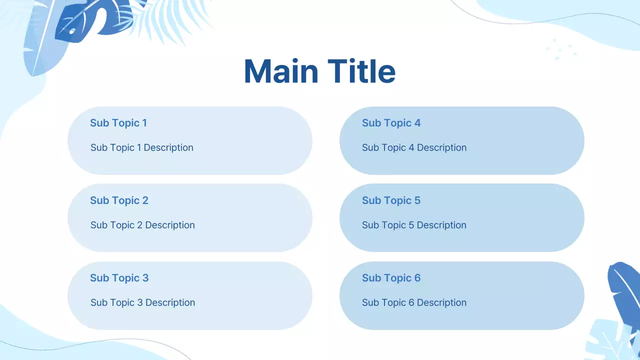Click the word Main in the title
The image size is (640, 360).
(281, 71)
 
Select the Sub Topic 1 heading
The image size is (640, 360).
(118, 123)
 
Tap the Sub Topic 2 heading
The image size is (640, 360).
(119, 200)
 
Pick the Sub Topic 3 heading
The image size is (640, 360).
(119, 278)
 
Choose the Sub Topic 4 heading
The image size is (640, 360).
(391, 123)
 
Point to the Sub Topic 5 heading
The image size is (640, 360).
(391, 200)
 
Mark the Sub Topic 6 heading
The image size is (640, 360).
(391, 278)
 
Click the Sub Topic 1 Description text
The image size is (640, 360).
(141, 147)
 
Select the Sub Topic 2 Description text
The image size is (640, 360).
(142, 225)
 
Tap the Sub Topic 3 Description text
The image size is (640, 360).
(142, 302)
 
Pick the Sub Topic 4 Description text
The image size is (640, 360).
(414, 147)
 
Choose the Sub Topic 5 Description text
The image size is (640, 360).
(414, 225)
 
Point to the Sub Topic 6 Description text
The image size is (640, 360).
(414, 302)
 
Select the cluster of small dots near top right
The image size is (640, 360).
(561, 49)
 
